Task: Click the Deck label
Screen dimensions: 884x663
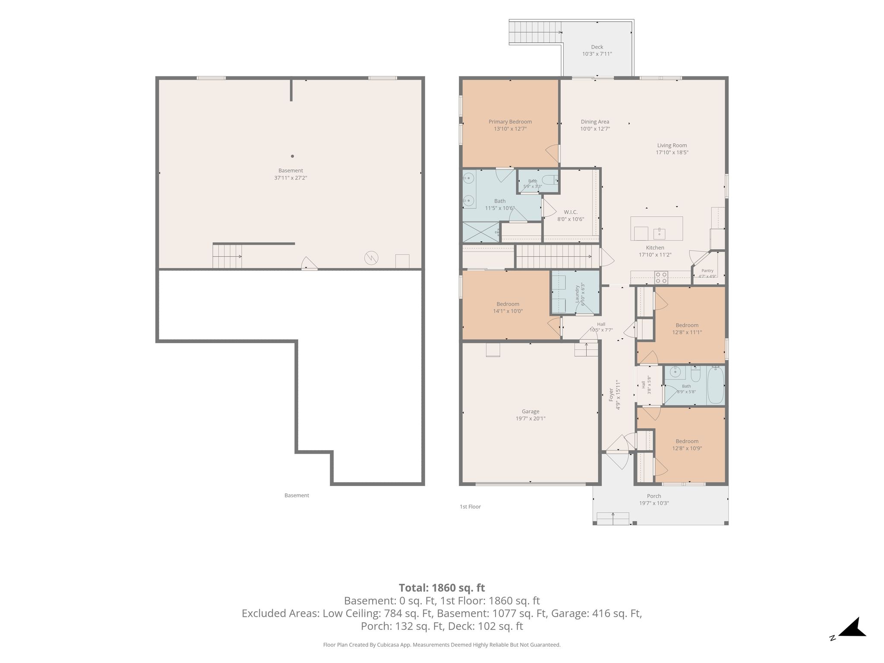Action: coord(597,47)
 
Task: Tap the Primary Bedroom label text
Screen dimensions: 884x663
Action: coord(510,122)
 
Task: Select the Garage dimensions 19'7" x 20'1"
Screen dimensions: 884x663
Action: coord(530,418)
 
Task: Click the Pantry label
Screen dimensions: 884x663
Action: coord(707,271)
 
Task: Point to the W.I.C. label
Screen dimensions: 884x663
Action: coord(571,212)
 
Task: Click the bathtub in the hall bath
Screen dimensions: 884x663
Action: coord(716,385)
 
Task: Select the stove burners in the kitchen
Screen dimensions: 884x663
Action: coord(661,277)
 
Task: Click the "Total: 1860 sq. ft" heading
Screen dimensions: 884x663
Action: coord(442,588)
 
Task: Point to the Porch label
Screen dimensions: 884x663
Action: coord(654,496)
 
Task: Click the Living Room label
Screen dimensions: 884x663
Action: coord(672,145)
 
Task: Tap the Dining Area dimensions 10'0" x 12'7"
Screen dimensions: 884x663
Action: coord(595,129)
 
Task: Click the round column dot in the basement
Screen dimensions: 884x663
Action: coord(292,156)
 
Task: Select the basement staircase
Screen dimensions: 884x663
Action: coord(227,256)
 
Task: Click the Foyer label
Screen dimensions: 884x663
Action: coord(611,395)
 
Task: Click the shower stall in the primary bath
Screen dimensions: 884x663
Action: coord(481,232)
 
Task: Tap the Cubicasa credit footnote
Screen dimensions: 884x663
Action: coord(442,645)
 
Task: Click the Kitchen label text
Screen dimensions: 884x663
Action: coord(655,248)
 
